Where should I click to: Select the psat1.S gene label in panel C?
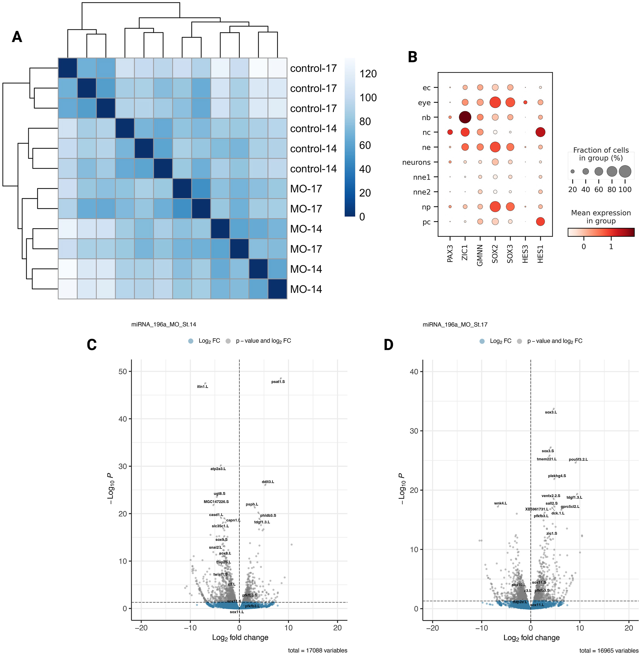coord(278,382)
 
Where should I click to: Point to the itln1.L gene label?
coord(202,387)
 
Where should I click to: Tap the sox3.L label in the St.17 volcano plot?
coord(551,412)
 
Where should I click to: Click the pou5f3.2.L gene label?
coord(578,459)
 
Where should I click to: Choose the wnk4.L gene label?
coord(500,503)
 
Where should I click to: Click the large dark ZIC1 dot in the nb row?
coord(465,117)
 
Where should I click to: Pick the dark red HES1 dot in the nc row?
coord(540,132)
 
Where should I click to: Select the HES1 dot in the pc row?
coord(540,221)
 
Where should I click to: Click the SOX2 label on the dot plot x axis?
coord(495,254)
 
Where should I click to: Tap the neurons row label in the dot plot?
coord(416,162)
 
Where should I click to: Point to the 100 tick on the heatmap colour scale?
coord(368,98)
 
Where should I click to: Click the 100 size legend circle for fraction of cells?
coord(625,171)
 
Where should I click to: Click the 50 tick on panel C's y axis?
coord(123,371)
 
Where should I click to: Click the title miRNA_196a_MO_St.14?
coord(164,324)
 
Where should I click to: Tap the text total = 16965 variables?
coord(609,650)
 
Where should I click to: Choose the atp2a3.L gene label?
coord(218,469)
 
